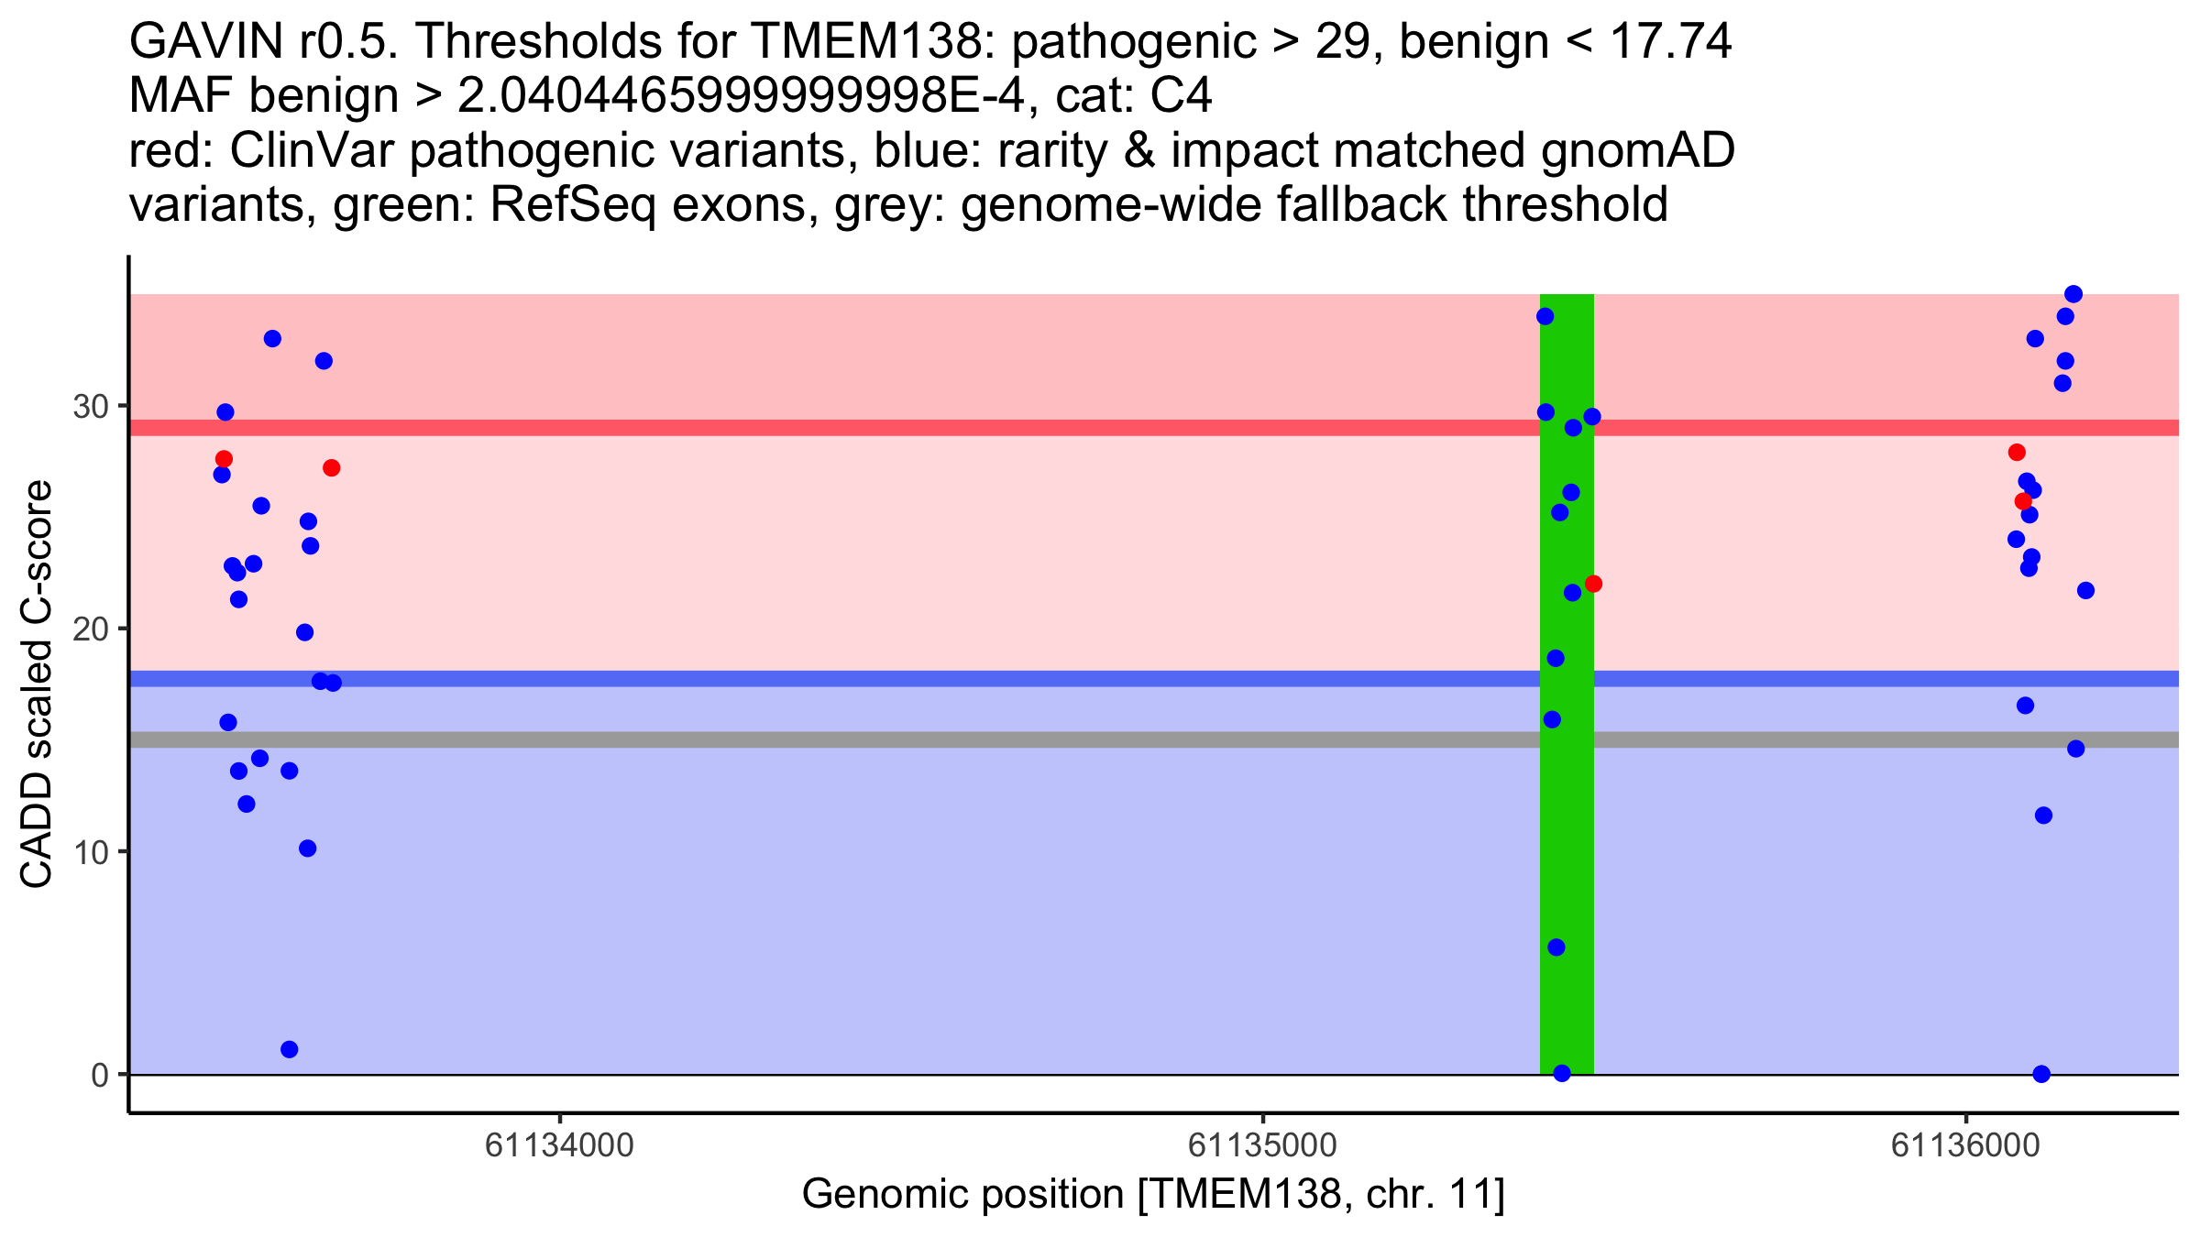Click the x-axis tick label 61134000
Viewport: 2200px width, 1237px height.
coord(559,1145)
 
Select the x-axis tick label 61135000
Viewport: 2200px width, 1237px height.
coord(1262,1145)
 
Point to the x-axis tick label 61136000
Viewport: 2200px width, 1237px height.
coord(1965,1145)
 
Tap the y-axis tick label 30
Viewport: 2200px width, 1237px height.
coord(90,406)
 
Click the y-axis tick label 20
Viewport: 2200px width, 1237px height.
coord(90,629)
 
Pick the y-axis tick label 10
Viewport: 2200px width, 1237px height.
coord(90,852)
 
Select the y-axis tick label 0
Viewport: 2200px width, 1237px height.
coord(99,1075)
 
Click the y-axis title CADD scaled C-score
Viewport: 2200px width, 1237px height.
coord(37,684)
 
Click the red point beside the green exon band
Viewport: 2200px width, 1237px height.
coord(1593,584)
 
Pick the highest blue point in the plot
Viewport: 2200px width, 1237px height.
coord(2073,294)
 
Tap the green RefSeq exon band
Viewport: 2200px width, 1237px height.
coord(1567,825)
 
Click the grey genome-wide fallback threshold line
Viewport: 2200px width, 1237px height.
coord(917,739)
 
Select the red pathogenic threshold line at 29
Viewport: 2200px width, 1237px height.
coord(917,428)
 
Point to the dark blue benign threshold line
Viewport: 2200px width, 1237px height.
coord(917,679)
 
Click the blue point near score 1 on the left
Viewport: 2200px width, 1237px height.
coord(289,1049)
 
